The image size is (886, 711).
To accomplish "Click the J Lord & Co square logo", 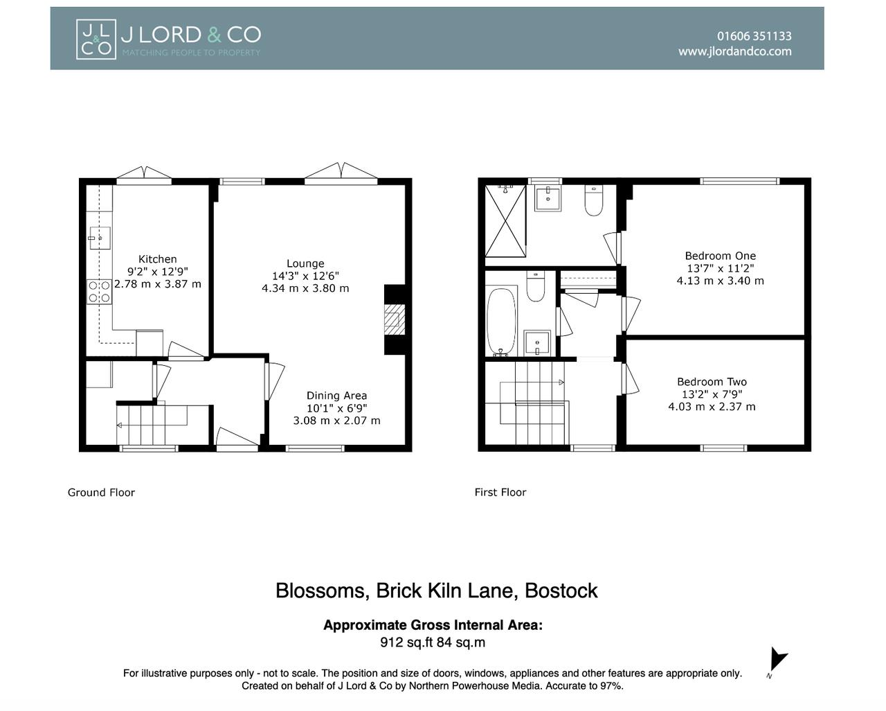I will tap(96, 39).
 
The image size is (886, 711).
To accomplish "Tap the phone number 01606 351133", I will tap(754, 36).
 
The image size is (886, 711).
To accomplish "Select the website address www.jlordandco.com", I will tap(734, 51).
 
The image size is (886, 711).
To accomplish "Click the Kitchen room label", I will tap(157, 259).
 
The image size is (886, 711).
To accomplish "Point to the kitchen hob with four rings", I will tap(99, 292).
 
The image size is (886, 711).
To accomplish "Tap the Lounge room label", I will tap(305, 263).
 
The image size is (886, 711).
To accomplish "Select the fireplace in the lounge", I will tap(394, 319).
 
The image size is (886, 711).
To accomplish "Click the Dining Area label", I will tap(336, 396).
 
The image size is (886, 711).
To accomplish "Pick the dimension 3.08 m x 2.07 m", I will tap(336, 421).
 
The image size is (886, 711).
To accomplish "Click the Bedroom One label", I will tap(720, 256).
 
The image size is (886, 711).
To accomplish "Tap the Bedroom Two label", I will tap(712, 382).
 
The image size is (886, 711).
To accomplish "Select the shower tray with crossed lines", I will tap(505, 221).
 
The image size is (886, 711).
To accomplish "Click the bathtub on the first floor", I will tap(501, 321).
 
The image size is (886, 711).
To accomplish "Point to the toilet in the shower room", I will tap(594, 200).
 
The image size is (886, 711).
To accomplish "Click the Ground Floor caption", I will tap(101, 493).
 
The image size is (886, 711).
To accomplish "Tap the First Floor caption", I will tap(500, 493).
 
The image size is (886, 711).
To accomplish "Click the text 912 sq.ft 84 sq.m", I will tap(433, 642).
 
